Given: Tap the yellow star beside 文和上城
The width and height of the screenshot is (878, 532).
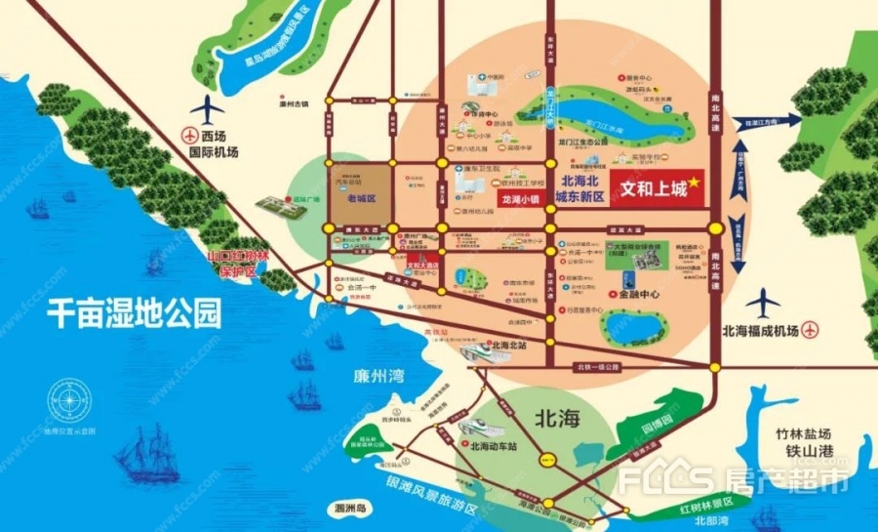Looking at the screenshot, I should point(695,183).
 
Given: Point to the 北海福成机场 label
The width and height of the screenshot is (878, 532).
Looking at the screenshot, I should point(761,331).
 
